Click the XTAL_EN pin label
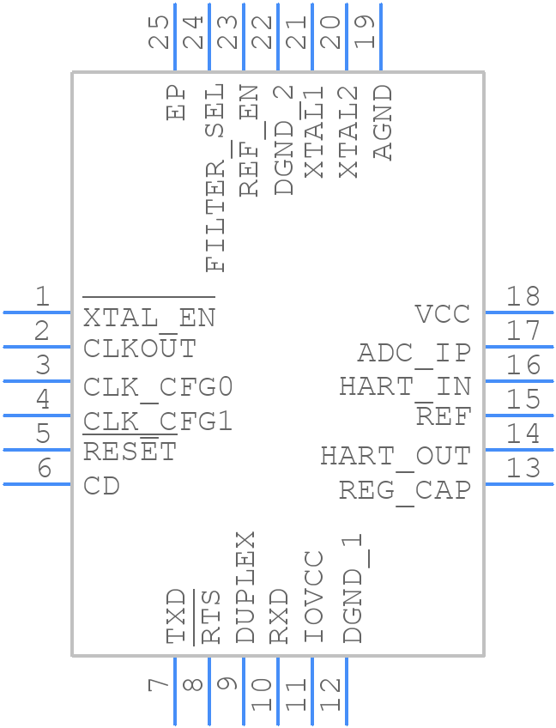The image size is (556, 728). tap(148, 318)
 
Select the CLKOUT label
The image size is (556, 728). tap(140, 349)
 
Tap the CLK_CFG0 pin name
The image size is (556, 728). tap(158, 387)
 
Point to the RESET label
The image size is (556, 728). tap(130, 452)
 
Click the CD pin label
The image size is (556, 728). tap(101, 486)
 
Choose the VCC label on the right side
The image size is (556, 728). tap(442, 314)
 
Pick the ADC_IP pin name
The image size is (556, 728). tap(414, 353)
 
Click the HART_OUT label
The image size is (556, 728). tap(396, 456)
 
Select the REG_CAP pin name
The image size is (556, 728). tap(404, 490)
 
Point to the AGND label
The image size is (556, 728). tap(383, 122)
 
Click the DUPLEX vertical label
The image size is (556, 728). tap(245, 586)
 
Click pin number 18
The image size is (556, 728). tap(523, 297)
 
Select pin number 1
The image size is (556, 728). tap(42, 297)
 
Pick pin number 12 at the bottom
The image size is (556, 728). tap(331, 694)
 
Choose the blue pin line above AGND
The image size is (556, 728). tap(380, 37)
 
